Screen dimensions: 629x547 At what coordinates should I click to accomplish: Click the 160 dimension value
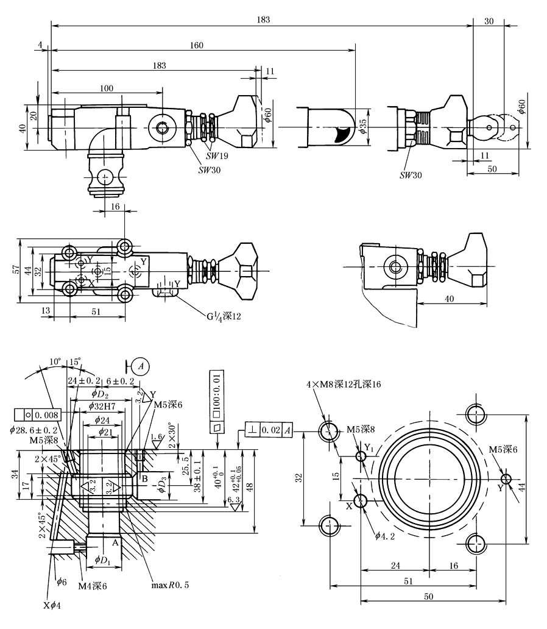click(196, 44)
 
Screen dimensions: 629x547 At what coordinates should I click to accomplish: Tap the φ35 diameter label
click(363, 126)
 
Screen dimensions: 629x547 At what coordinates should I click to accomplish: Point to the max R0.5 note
click(170, 586)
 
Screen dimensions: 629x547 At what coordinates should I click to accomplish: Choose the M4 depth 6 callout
click(93, 586)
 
